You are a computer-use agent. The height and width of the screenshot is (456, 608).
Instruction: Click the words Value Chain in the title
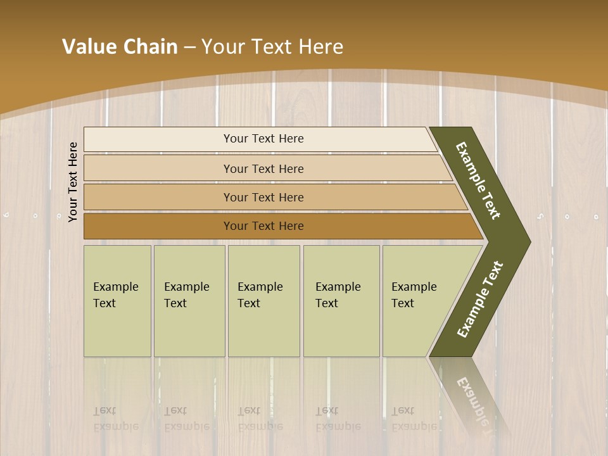(120, 47)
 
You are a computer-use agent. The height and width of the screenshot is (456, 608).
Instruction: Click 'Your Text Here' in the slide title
(272, 47)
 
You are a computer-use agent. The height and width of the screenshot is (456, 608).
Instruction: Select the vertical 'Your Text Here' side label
(73, 182)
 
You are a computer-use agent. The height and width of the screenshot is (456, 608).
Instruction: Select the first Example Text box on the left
(117, 301)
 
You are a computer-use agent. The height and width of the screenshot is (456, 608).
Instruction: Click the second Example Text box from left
(189, 301)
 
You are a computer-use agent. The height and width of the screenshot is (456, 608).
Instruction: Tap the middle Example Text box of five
(263, 301)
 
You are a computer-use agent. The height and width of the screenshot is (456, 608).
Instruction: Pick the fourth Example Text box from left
(341, 301)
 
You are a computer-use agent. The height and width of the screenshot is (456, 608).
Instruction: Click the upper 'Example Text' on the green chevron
(478, 180)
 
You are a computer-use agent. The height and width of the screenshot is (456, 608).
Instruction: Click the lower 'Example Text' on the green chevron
(480, 300)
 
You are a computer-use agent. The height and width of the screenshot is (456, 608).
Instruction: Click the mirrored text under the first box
(115, 419)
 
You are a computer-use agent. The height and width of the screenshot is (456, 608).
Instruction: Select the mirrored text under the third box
(260, 419)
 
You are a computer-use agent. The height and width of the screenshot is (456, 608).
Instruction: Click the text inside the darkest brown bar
(263, 226)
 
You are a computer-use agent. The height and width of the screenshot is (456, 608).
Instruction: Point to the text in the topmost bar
(263, 139)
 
